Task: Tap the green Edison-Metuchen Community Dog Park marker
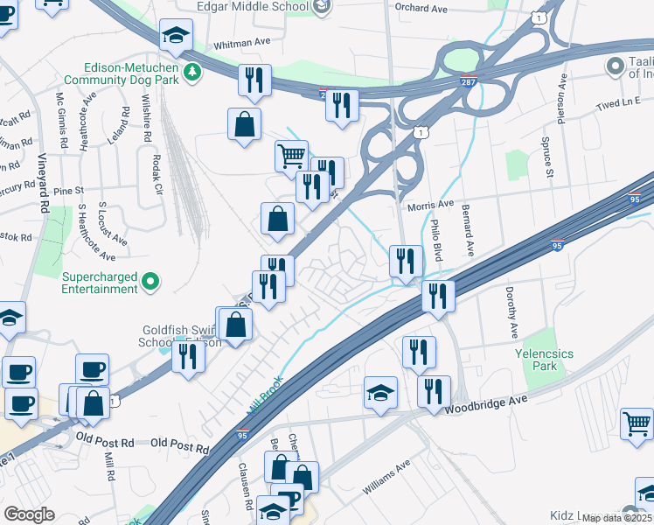188,71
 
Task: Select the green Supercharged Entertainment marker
150,281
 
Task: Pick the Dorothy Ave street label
510,311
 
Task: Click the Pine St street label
68,190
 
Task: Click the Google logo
29,514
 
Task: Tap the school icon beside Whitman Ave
176,36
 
